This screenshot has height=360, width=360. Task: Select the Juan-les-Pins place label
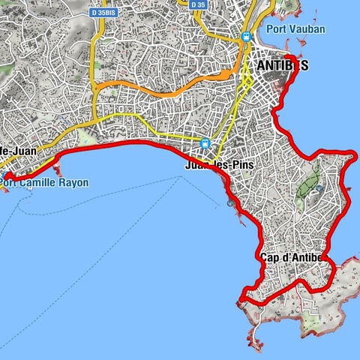(217, 166)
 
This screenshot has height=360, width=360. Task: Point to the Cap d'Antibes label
(292, 258)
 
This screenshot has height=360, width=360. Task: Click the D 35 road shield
(197, 4)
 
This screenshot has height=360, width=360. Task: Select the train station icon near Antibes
(246, 36)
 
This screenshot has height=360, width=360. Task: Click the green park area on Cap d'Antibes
(307, 184)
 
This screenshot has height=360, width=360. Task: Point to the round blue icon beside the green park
(319, 188)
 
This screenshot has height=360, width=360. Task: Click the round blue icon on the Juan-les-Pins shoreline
(229, 202)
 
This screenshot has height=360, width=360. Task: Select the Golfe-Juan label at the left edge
(13, 151)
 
